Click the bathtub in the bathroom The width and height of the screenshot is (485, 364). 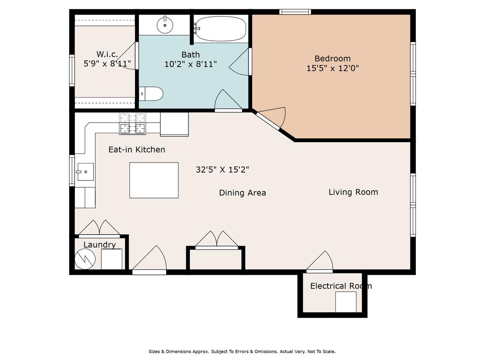220,28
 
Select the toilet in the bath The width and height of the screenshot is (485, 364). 151,94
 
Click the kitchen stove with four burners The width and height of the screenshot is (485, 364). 132,124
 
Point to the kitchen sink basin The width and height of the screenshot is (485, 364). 86,172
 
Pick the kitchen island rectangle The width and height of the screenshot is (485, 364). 154,180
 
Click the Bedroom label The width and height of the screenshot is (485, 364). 333,58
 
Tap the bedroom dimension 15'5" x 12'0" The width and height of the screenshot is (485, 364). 333,68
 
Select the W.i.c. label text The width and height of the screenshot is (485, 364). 107,54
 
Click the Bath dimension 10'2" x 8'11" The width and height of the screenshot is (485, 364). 190,64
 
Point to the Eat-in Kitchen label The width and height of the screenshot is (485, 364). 137,150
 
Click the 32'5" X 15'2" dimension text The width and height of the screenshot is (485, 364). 222,170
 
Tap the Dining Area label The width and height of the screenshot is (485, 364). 242,193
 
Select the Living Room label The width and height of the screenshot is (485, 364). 353,192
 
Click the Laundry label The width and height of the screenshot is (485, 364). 100,245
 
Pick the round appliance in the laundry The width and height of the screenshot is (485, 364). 85,259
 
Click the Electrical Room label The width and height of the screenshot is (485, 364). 341,286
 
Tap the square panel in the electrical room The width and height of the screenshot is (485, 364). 346,302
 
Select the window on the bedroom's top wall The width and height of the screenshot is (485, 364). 295,12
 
